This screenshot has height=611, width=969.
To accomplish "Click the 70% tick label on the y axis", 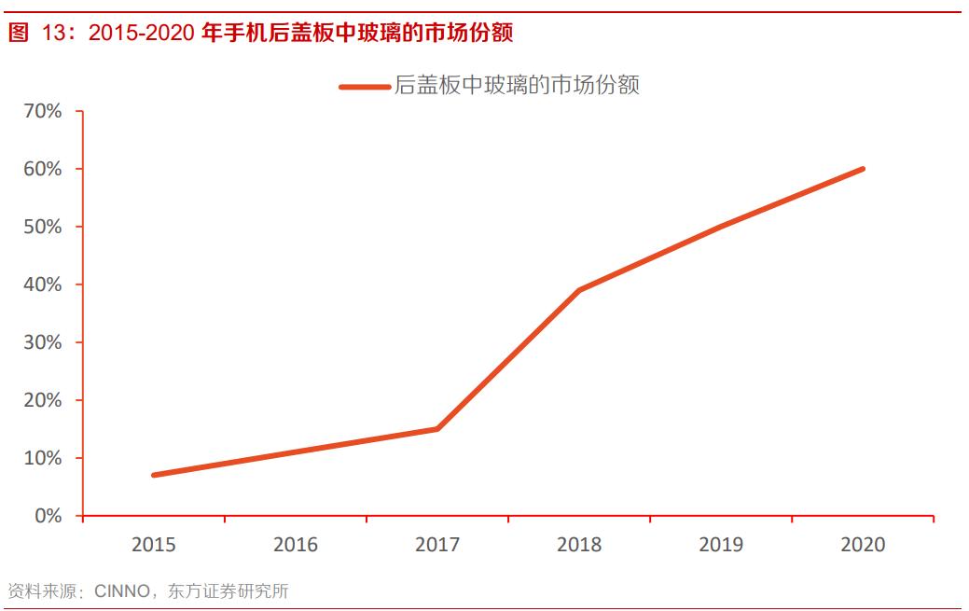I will (x=42, y=111).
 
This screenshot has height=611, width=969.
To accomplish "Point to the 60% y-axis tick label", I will (x=42, y=169).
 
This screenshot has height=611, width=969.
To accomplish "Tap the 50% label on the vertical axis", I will (x=42, y=227).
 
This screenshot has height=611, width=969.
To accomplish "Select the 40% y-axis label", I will (x=42, y=285).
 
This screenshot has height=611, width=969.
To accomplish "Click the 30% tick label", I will (x=42, y=342).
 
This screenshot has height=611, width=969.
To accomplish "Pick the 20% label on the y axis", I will (x=42, y=400).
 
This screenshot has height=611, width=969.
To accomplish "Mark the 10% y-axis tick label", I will (x=42, y=458).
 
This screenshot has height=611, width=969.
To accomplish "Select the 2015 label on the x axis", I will (x=153, y=545).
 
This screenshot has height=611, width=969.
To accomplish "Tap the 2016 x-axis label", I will (x=296, y=545).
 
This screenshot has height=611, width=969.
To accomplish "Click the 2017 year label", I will (x=437, y=545).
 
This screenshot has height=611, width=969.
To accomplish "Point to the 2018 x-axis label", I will (x=579, y=545).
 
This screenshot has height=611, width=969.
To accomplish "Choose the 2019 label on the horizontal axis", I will (x=721, y=545).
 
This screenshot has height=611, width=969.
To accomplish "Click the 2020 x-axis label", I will (x=863, y=545).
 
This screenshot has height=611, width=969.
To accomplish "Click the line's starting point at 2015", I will (x=153, y=475).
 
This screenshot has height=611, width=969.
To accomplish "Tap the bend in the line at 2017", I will (x=437, y=429).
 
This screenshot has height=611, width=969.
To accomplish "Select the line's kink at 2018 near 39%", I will (x=579, y=290).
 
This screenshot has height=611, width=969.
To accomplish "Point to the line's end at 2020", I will (x=863, y=169).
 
